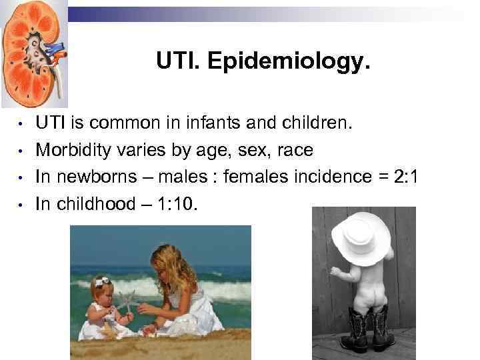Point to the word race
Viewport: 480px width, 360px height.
pyautogui.click(x=295, y=150)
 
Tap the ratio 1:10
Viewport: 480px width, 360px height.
pyautogui.click(x=174, y=203)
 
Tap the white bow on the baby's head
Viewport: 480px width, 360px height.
pyautogui.click(x=101, y=282)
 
